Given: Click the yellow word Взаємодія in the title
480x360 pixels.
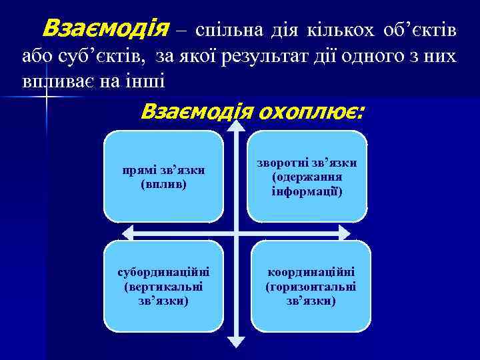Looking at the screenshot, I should click(x=105, y=29).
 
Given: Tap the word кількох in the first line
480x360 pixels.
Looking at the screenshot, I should click(x=342, y=30).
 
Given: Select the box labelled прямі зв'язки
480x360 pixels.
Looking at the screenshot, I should click(x=164, y=176).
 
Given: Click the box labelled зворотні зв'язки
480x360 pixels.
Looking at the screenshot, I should click(x=307, y=176).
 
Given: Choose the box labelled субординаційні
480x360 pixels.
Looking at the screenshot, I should click(x=164, y=286).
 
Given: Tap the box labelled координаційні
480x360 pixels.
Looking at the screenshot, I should click(x=310, y=286).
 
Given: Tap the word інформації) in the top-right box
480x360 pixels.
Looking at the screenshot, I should click(x=307, y=192).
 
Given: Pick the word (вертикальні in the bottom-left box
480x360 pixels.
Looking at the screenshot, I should click(x=164, y=286).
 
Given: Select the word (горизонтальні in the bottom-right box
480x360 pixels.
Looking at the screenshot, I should click(x=310, y=287).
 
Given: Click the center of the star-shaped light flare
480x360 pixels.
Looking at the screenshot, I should click(x=45, y=97).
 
